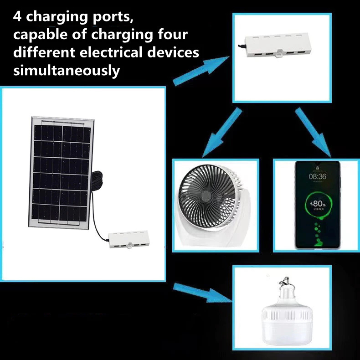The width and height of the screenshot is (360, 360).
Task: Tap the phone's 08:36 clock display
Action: click(x=317, y=176)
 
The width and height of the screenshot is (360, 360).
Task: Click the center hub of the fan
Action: click(x=206, y=195)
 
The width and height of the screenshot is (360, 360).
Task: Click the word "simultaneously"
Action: click(x=67, y=71)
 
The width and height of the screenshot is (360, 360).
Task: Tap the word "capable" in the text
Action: click(x=40, y=36)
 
